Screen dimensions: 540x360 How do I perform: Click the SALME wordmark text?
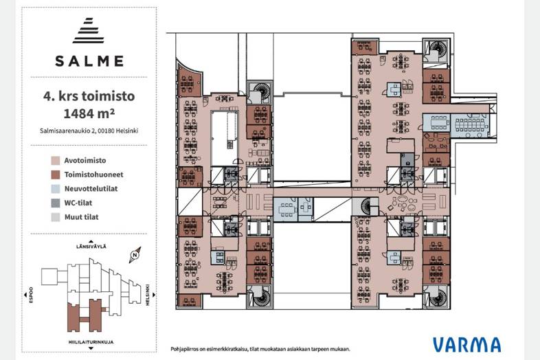(89, 61)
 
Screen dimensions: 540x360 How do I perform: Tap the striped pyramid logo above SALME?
(88, 30)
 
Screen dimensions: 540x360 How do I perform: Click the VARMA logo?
(466, 345)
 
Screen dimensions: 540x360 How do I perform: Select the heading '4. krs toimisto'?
(89, 96)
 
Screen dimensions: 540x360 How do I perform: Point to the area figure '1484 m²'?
(89, 113)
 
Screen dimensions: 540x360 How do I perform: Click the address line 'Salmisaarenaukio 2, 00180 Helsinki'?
(89, 131)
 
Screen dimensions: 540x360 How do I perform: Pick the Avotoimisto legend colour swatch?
(56, 161)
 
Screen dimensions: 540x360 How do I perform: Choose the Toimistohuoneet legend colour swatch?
(56, 175)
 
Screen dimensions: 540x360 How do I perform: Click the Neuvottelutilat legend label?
(91, 189)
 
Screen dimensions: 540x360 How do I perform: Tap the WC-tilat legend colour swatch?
(56, 203)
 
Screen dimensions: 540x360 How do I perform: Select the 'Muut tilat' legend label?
(81, 217)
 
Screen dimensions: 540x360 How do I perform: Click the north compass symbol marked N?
(135, 255)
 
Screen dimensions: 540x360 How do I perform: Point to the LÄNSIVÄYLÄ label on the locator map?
(91, 247)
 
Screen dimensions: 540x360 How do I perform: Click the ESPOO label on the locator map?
(32, 295)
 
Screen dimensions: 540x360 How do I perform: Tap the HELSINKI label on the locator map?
(148, 295)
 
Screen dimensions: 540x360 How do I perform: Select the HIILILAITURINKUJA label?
(91, 342)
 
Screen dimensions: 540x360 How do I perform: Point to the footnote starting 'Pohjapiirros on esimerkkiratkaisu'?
(260, 349)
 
